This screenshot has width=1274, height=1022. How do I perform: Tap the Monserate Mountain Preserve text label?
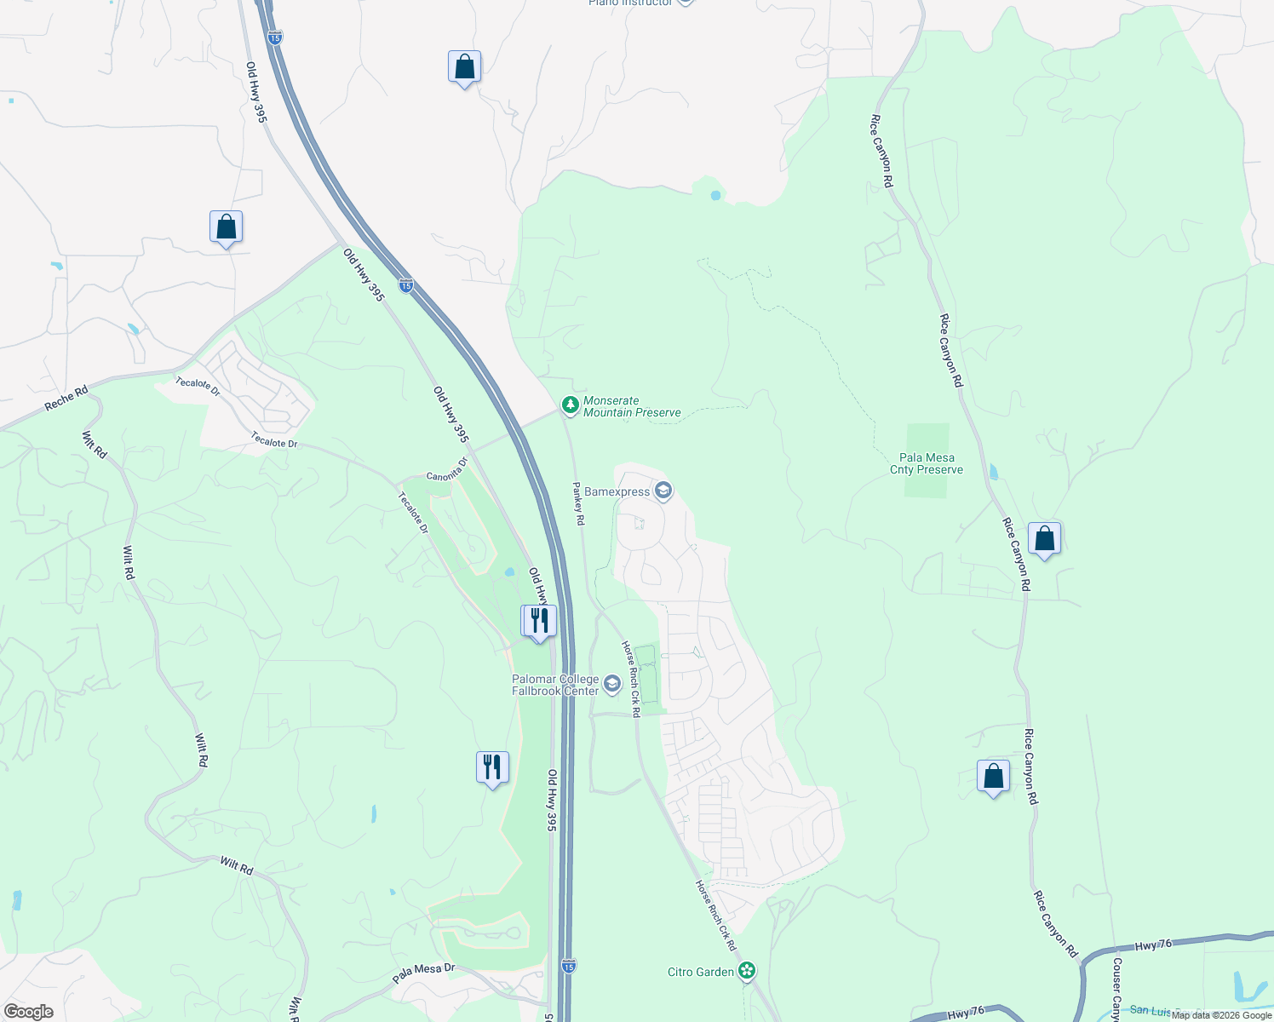[x=632, y=407]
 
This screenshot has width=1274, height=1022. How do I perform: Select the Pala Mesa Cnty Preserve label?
[x=927, y=463]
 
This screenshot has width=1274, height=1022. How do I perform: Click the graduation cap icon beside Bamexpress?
[x=663, y=491]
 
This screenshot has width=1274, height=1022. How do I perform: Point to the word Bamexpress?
[x=617, y=492]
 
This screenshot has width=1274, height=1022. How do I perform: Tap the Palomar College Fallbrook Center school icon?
[x=611, y=684]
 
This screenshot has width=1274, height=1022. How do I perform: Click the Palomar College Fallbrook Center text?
[x=555, y=685]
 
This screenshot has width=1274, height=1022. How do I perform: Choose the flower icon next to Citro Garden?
[x=747, y=971]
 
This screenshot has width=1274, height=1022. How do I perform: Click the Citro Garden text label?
[x=701, y=972]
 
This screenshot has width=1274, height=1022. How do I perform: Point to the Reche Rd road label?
[x=66, y=399]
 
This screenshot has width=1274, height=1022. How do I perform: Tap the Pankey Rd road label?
[x=578, y=503]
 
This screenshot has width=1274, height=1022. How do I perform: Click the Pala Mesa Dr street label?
[x=424, y=973]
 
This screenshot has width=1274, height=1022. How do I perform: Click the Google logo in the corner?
[x=29, y=1012]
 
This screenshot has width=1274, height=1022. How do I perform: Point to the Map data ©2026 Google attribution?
[x=1221, y=1015]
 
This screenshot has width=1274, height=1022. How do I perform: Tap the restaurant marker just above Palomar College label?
[x=539, y=621]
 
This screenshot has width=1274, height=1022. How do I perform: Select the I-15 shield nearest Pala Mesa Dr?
[x=568, y=966]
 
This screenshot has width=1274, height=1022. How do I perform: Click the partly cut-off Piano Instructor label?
[x=630, y=3]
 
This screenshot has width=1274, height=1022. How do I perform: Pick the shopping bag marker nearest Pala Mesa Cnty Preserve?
[x=1044, y=538]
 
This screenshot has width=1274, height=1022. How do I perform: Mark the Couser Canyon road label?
[x=1116, y=988]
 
